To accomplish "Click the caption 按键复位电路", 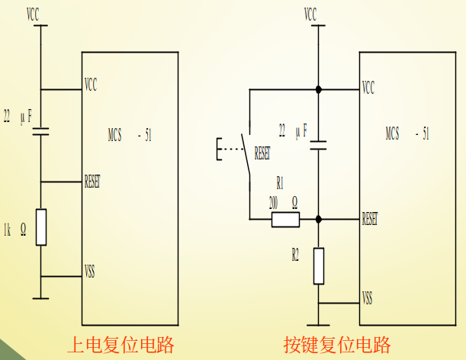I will pyautogui.click(x=337, y=343).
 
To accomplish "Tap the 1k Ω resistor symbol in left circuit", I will pyautogui.click(x=41, y=227).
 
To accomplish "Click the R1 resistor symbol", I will pyautogui.click(x=285, y=220).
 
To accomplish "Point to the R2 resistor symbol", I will pyautogui.click(x=319, y=265).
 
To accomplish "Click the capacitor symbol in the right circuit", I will pyautogui.click(x=319, y=144).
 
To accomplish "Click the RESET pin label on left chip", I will pyautogui.click(x=92, y=182).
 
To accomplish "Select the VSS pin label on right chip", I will pyautogui.click(x=368, y=297).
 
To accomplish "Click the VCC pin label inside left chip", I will pyautogui.click(x=91, y=83).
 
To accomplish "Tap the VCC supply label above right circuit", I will pyautogui.click(x=310, y=14).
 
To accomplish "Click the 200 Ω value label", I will pyautogui.click(x=282, y=203).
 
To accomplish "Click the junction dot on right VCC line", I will pyautogui.click(x=319, y=90).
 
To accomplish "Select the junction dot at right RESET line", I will pyautogui.click(x=319, y=220).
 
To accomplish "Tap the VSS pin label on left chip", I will pyautogui.click(x=90, y=271).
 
